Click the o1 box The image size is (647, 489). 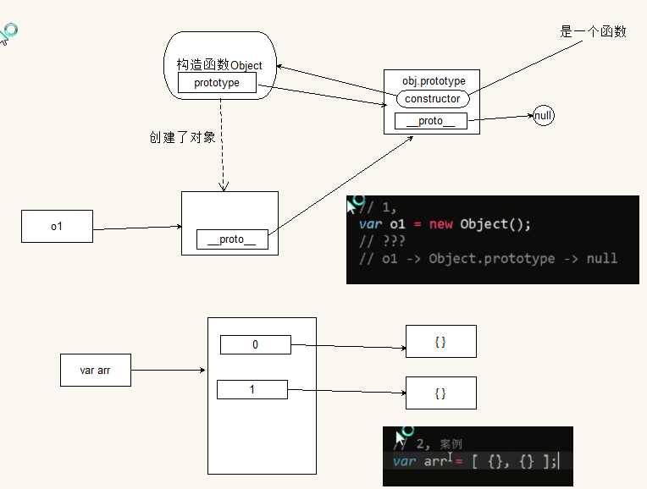[57, 226]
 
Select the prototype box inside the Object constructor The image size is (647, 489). [217, 83]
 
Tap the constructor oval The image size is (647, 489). [432, 99]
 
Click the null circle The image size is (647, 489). [544, 116]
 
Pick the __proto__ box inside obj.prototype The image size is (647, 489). [430, 121]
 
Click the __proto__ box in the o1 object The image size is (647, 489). [231, 239]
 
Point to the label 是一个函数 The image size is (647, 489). [593, 32]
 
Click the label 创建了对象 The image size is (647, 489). [177, 137]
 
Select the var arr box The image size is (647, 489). [95, 371]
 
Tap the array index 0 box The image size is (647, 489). [255, 344]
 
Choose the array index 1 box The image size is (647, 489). [252, 389]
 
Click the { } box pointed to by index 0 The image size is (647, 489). [440, 341]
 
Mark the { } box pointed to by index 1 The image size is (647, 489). [440, 393]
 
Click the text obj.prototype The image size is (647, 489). [434, 81]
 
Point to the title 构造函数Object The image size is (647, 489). [219, 65]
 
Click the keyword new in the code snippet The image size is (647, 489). [440, 224]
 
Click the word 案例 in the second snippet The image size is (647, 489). [451, 444]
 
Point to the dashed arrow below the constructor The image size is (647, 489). [222, 144]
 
